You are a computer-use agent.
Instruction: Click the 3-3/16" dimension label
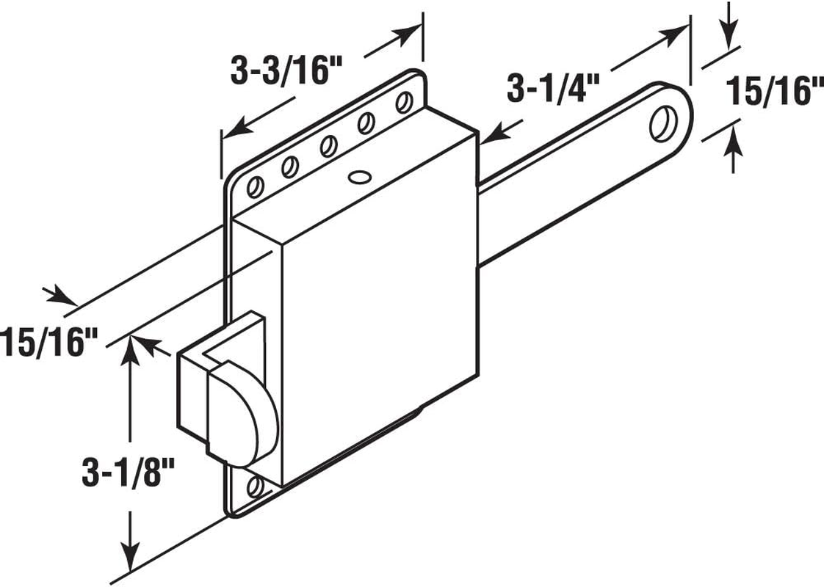click(286, 73)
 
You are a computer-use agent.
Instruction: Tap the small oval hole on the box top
click(359, 176)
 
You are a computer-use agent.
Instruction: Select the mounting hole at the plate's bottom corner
click(255, 486)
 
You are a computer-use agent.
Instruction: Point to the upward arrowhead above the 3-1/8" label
click(131, 349)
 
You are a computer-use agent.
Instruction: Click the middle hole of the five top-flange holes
click(328, 146)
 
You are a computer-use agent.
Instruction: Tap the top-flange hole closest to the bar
click(402, 101)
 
